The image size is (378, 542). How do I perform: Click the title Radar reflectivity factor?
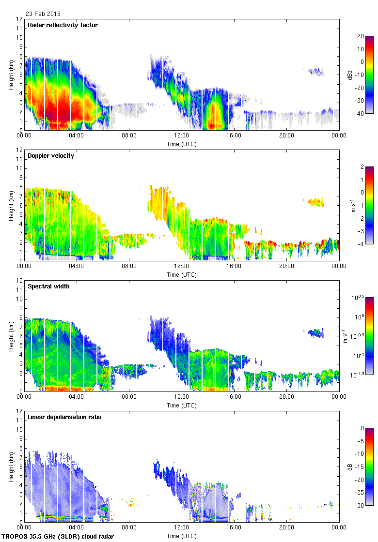(x=63, y=25)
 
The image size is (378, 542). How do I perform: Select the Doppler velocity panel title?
(x=51, y=155)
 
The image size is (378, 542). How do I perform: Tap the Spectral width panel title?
(x=48, y=286)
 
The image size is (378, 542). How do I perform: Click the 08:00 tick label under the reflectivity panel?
(x=129, y=135)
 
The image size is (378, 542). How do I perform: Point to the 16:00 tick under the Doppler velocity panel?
(x=234, y=266)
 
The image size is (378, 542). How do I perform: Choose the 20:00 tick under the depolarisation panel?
(x=286, y=527)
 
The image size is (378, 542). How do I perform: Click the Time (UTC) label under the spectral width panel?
(x=181, y=405)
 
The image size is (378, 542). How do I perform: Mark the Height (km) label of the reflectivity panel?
(x=11, y=75)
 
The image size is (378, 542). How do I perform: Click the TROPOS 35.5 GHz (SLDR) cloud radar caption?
(x=58, y=537)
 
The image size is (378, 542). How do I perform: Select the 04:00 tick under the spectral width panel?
(x=77, y=397)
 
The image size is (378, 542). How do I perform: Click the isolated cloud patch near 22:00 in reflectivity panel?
(x=315, y=72)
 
